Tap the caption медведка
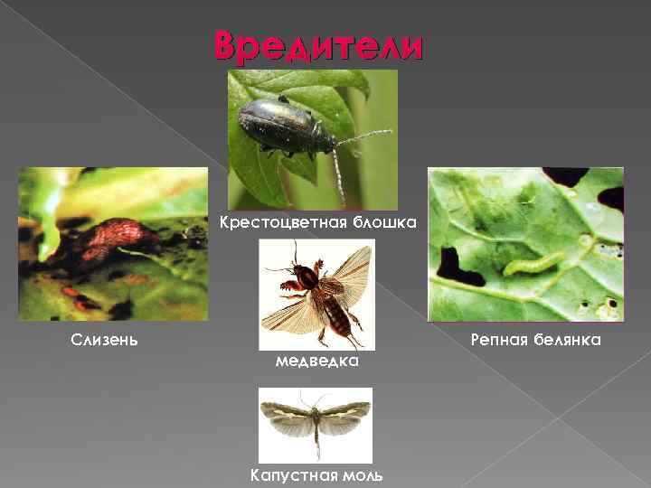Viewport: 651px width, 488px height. pos(316,361)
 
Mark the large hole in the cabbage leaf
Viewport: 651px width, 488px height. pos(458,267)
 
